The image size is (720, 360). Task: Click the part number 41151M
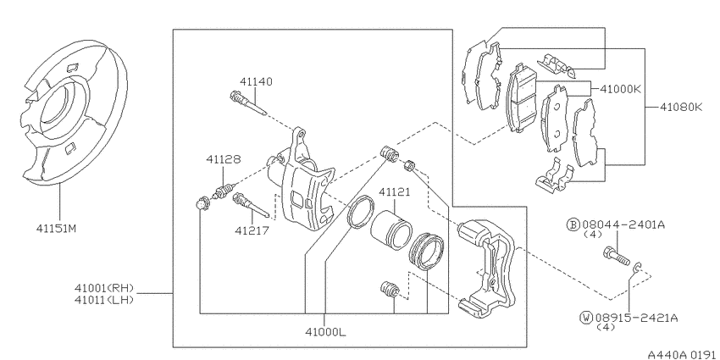[x=57, y=228]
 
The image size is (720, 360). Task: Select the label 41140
[x=256, y=81]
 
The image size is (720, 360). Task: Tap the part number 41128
[x=223, y=159]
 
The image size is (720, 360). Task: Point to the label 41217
[x=252, y=230]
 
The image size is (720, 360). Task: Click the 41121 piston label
[x=395, y=192]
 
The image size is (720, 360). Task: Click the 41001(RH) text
[x=104, y=288]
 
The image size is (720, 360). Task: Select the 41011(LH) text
[x=104, y=300]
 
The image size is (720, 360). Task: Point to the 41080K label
[x=681, y=107]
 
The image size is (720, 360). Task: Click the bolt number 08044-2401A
[x=623, y=225]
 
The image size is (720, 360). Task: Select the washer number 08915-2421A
[x=636, y=318]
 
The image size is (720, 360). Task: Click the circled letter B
[x=573, y=225]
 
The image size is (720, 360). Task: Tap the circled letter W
[x=586, y=318]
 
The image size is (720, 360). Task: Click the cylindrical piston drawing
[x=390, y=227]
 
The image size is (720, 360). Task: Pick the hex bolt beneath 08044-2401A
[x=616, y=257]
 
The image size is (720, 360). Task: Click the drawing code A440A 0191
[x=681, y=354]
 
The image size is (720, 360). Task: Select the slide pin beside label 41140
[x=248, y=104]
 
